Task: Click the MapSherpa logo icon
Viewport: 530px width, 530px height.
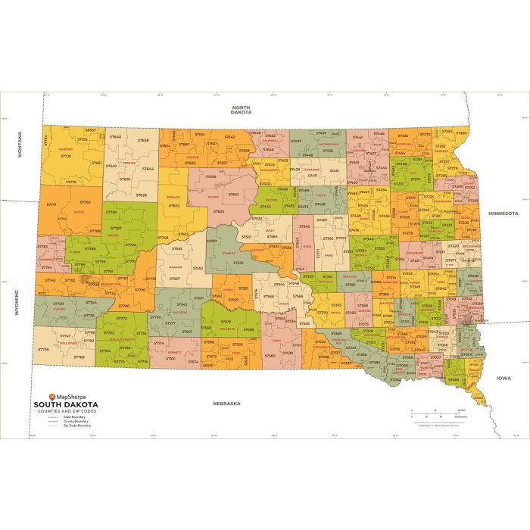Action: coord(51,396)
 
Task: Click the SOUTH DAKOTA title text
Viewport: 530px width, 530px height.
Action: coord(66,404)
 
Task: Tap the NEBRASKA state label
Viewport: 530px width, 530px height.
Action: coord(226,404)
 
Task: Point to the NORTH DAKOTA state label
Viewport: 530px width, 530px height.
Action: coord(242,110)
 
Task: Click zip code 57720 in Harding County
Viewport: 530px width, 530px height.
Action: coord(66,155)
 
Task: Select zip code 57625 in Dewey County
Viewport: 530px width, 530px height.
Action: coord(219,211)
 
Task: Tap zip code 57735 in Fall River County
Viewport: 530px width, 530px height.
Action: coord(44,349)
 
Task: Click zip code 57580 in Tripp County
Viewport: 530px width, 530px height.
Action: coord(270,354)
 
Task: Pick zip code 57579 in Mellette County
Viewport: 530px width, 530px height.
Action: coord(226,322)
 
